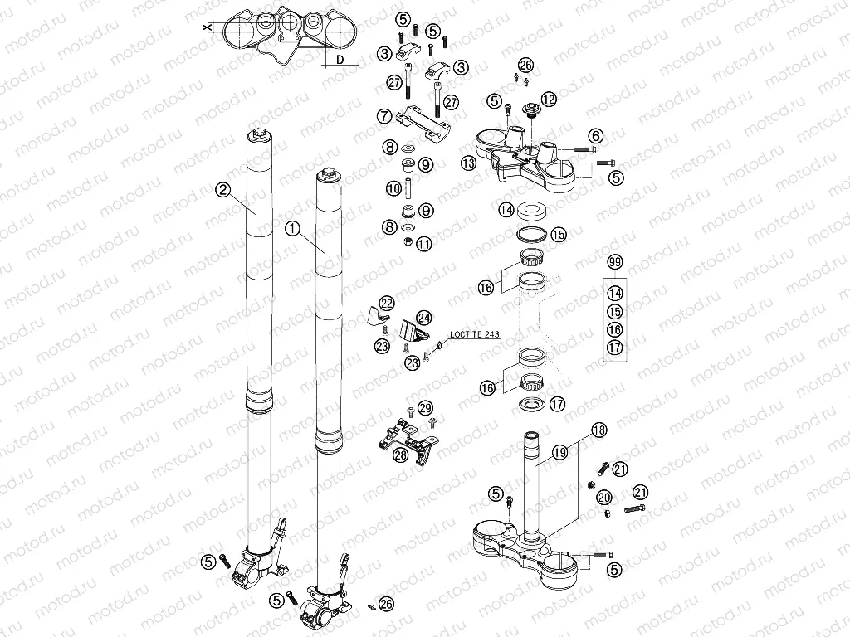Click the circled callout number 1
click(291, 226)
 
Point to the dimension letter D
click(340, 60)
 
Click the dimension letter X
click(207, 27)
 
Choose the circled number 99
click(614, 263)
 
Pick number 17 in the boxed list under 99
click(614, 348)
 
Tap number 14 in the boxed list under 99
click(614, 293)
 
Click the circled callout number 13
click(469, 163)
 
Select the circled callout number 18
click(598, 430)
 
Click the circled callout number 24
click(424, 317)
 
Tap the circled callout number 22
click(387, 303)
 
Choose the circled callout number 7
click(383, 118)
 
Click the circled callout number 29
click(426, 407)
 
